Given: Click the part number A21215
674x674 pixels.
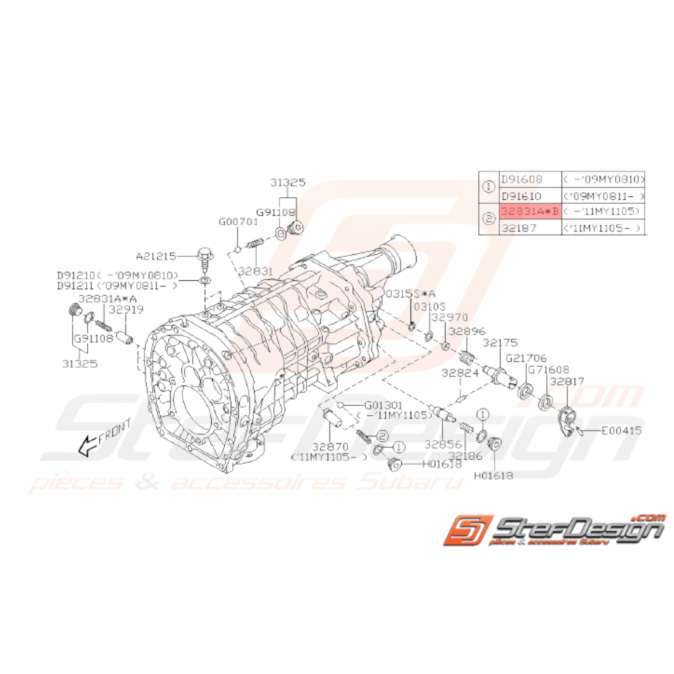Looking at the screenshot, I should pyautogui.click(x=156, y=256).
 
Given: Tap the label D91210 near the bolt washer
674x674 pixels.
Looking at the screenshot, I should pyautogui.click(x=75, y=276).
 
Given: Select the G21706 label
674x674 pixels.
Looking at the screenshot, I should pyautogui.click(x=526, y=358).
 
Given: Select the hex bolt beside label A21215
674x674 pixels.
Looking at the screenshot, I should pyautogui.click(x=203, y=256).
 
